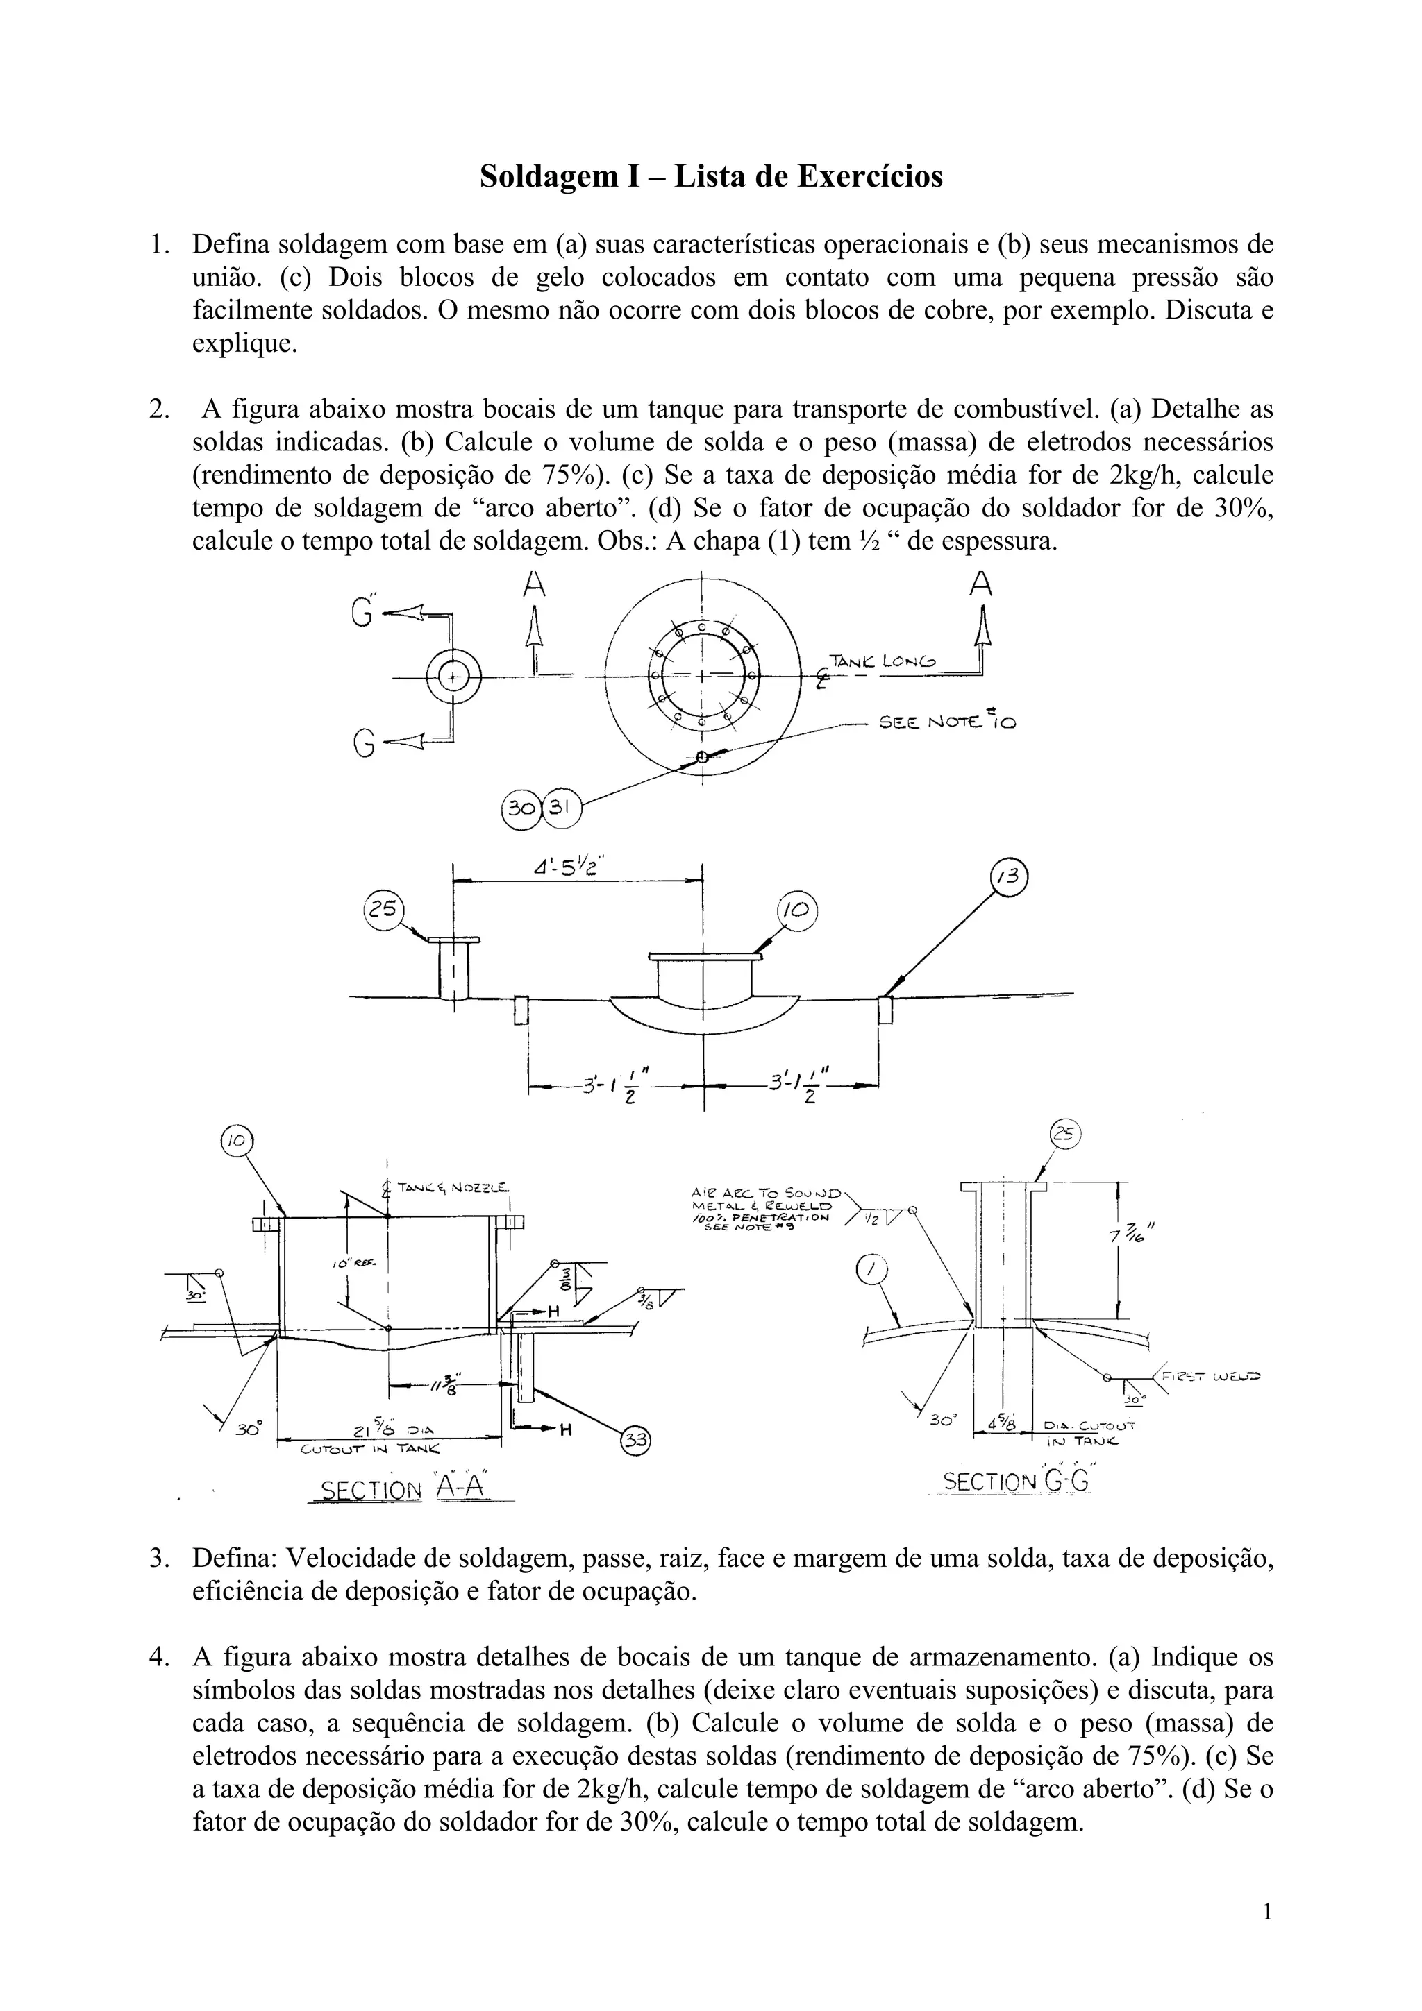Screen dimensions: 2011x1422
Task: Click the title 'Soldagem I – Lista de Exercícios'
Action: (x=710, y=177)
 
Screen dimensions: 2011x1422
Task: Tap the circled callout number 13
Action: (x=1008, y=876)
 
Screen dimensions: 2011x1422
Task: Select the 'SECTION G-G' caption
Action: (x=1014, y=1482)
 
